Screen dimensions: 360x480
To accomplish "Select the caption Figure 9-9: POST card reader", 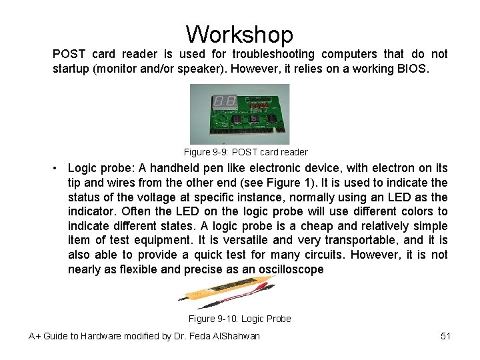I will tap(245, 152).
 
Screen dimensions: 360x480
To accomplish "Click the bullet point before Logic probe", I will tap(59, 168).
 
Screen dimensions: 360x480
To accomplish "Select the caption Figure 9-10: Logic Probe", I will tap(239, 319).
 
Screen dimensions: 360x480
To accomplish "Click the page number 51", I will tap(445, 336).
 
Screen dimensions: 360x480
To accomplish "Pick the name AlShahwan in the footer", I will tap(234, 336).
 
